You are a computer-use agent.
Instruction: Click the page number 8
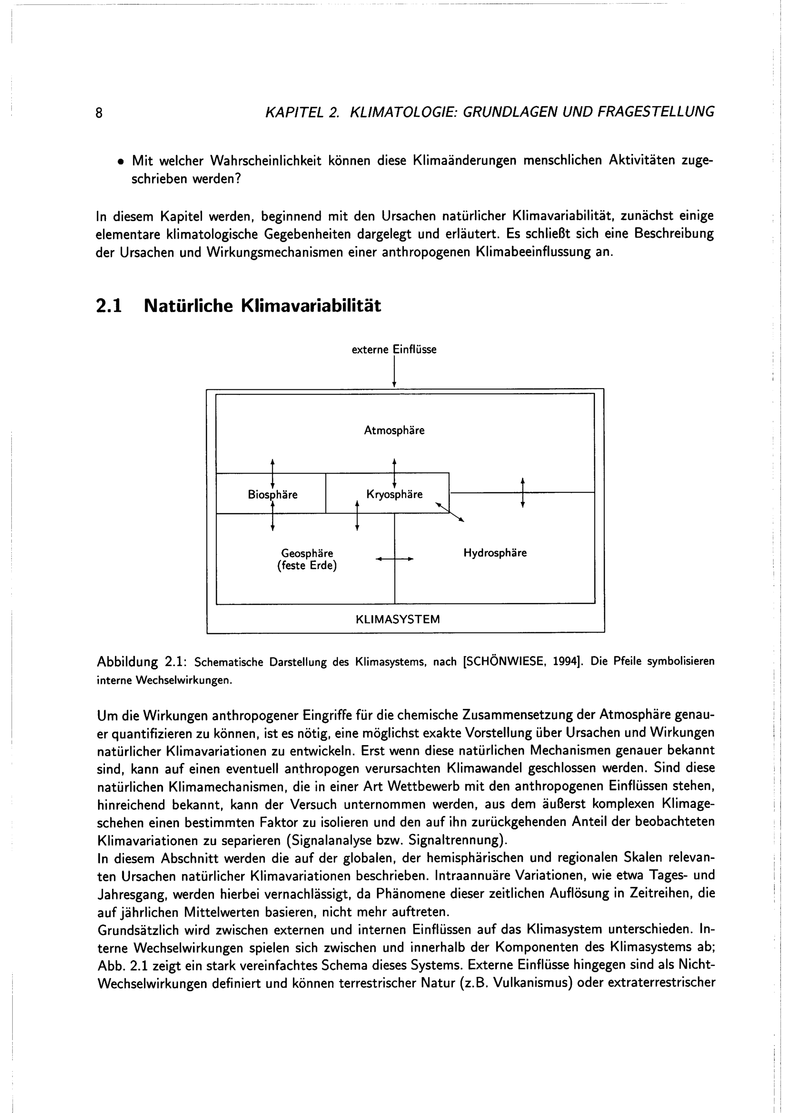click(x=99, y=113)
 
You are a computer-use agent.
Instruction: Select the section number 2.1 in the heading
click(x=109, y=306)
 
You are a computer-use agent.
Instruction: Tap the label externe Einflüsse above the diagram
click(x=394, y=349)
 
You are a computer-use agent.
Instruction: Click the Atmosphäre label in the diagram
click(x=394, y=431)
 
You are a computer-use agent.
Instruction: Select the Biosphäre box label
click(x=272, y=494)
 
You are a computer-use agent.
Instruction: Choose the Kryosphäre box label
click(x=394, y=494)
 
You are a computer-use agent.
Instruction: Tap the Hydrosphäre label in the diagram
click(x=495, y=553)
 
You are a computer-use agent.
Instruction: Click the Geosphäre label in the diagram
click(x=307, y=553)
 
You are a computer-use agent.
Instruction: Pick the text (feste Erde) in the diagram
click(x=307, y=566)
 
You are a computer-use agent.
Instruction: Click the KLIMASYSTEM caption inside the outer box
click(x=398, y=619)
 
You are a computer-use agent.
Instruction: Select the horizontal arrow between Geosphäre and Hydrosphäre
click(x=395, y=559)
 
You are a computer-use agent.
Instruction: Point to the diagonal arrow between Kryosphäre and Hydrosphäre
click(x=450, y=512)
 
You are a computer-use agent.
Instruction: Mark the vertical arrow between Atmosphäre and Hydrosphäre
click(x=523, y=492)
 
